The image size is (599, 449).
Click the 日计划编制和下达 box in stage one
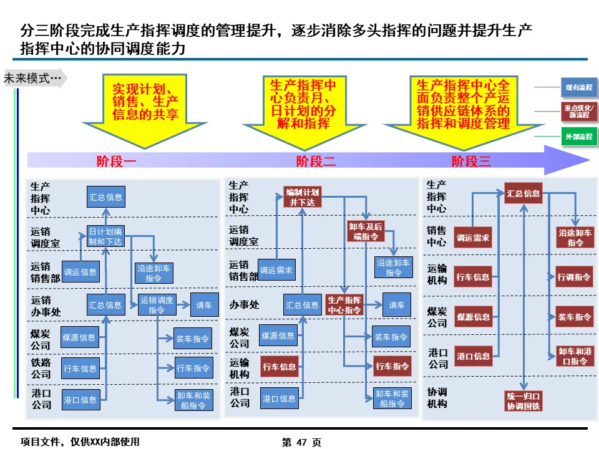[x=105, y=236]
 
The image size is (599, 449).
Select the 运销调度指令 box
[x=157, y=305]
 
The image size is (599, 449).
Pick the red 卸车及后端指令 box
[x=365, y=231]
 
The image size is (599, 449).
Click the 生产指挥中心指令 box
[x=344, y=305]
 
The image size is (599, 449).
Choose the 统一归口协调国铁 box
[x=524, y=401]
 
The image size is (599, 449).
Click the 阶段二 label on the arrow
[x=316, y=162]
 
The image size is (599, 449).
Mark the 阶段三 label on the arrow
[x=471, y=162]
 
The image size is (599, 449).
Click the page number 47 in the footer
[x=302, y=442]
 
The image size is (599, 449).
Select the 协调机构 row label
[x=437, y=398]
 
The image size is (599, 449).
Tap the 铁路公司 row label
[x=41, y=368]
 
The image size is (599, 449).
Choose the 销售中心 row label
[x=437, y=236]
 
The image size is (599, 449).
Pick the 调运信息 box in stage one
[x=80, y=271]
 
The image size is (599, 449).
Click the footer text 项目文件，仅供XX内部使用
[x=80, y=442]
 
